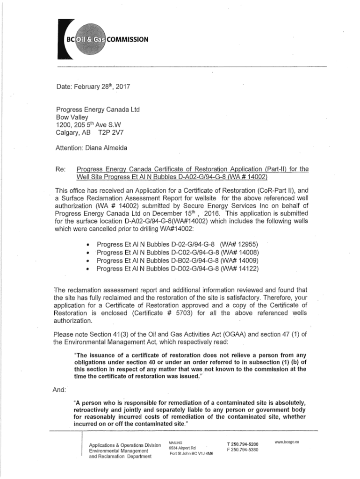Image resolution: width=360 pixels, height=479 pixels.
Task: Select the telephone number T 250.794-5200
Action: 242,444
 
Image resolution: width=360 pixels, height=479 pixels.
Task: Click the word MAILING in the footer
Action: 176,442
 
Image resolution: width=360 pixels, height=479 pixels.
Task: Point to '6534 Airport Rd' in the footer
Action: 182,448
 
